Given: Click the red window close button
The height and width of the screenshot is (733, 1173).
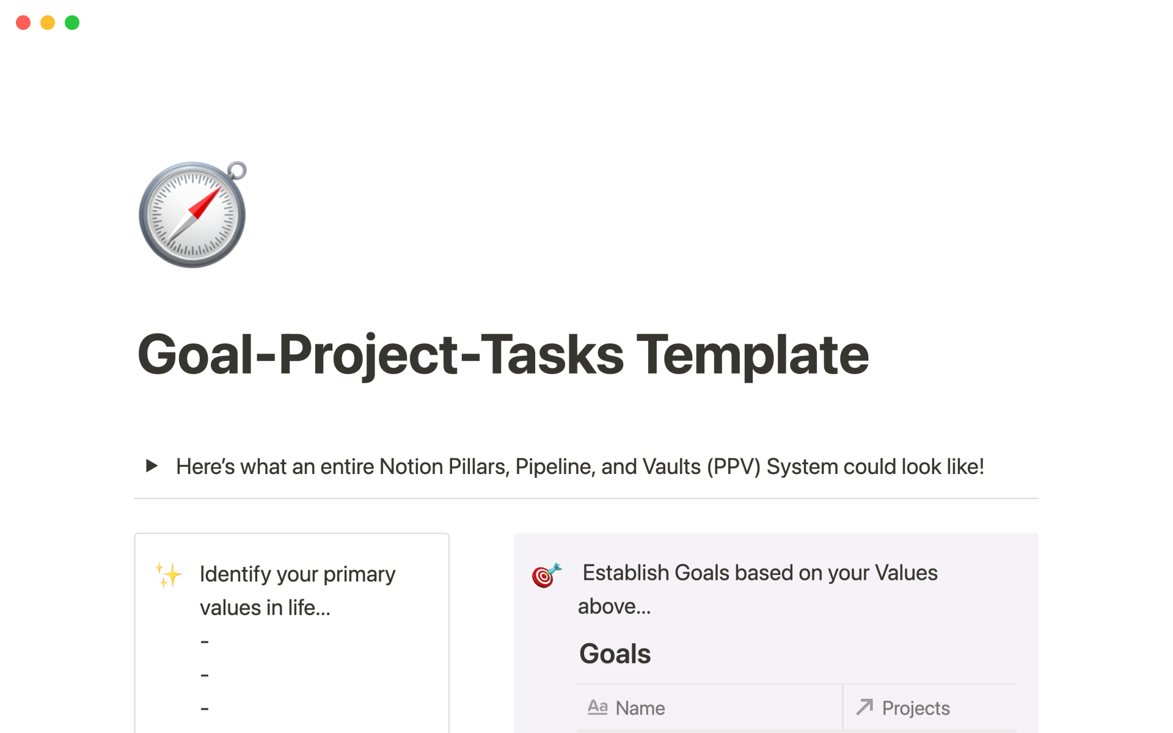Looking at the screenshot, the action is (23, 23).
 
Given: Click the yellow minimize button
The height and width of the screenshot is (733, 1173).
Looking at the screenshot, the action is (48, 23).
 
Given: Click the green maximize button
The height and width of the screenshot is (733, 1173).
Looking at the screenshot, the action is (72, 23).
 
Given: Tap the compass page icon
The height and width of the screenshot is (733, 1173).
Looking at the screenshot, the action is (192, 214).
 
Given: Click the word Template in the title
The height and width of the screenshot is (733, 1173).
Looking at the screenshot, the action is (753, 356).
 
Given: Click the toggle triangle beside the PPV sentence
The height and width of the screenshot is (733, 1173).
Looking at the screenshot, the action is (152, 466).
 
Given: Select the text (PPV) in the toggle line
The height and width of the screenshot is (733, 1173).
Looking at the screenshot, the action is (733, 467).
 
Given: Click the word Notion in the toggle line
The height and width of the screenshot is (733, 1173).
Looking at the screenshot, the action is (411, 467).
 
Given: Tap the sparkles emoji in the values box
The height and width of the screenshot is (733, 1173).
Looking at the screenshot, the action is (169, 574).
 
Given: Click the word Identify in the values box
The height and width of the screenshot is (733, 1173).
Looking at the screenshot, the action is (235, 574).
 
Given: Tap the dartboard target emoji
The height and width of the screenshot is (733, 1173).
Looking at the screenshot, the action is (546, 575).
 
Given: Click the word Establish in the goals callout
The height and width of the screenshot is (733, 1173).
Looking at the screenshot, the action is (626, 572).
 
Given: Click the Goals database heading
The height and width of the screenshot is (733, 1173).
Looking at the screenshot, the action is (615, 654).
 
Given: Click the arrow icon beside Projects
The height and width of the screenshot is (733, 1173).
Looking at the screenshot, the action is (864, 707).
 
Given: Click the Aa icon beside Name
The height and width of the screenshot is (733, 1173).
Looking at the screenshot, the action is (597, 707).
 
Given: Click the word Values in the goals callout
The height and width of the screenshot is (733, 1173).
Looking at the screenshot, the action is (906, 572).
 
